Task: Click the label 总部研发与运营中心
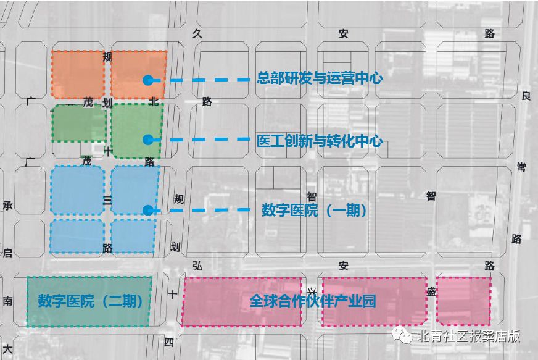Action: click(x=320, y=78)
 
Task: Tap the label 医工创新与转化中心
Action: click(x=320, y=141)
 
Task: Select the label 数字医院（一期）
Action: click(x=315, y=210)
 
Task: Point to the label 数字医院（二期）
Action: click(x=90, y=301)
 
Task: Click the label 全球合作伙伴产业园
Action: click(x=313, y=301)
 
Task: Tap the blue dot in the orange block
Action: click(x=147, y=80)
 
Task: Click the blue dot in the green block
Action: click(x=147, y=140)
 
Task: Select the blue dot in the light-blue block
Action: click(x=147, y=210)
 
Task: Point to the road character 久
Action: click(x=197, y=34)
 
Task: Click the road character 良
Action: click(x=526, y=96)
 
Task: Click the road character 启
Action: click(x=7, y=253)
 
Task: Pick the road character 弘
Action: click(x=197, y=266)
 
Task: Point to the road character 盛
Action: click(x=431, y=291)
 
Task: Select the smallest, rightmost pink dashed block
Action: click(x=464, y=301)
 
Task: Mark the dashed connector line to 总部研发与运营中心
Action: click(x=204, y=80)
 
